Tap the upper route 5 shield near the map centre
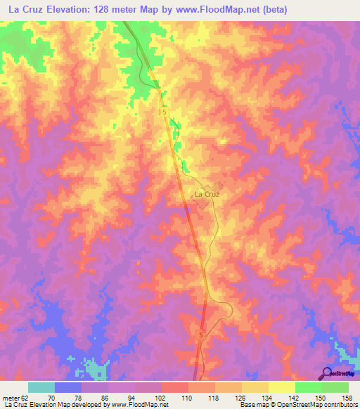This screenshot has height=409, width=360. [x=165, y=112]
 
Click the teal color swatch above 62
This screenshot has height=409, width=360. [x=41, y=387]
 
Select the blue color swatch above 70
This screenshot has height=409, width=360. [x=68, y=387]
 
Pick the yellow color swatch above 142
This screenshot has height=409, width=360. [x=282, y=387]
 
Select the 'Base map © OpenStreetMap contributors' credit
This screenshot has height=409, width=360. [x=298, y=405]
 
